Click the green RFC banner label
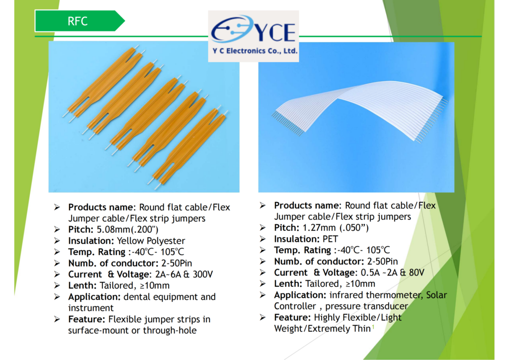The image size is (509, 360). click(80, 21)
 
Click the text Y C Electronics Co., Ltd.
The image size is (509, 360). click(255, 51)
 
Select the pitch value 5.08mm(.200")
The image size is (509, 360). click(128, 230)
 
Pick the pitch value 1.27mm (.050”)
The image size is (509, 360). click(336, 228)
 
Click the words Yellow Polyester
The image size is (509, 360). click(151, 241)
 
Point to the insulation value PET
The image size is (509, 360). click(330, 239)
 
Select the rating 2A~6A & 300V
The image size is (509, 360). click(184, 274)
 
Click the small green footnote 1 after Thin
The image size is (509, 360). click(373, 327)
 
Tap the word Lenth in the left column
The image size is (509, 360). click(82, 285)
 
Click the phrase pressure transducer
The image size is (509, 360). click(366, 306)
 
